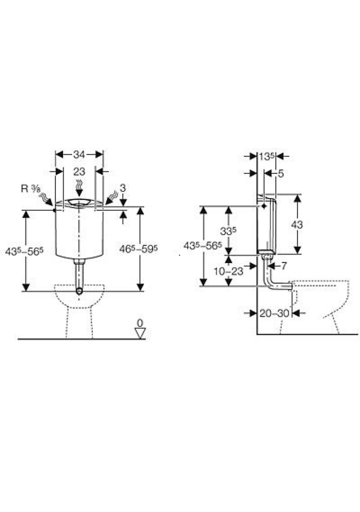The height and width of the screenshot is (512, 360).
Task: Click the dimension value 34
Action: coord(79,154)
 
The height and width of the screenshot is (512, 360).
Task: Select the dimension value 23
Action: coord(79,171)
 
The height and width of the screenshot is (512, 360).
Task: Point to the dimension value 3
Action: coord(123,188)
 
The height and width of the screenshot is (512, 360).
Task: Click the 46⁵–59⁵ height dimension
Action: coord(139,249)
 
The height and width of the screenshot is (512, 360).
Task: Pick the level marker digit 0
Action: coord(140,323)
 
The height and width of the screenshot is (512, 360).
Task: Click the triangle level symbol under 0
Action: coord(140,333)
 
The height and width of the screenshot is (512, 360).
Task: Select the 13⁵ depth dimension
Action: coord(266,156)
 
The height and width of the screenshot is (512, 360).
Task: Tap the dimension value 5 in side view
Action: coord(281,173)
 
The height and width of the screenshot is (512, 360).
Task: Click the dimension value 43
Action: coord(297,225)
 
